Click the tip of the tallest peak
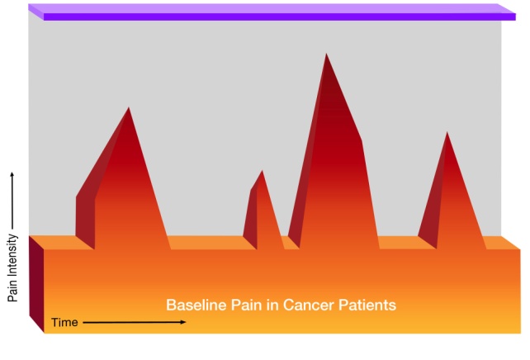326,54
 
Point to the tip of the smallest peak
262,171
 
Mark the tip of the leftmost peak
128,108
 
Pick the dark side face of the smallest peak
251,215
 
